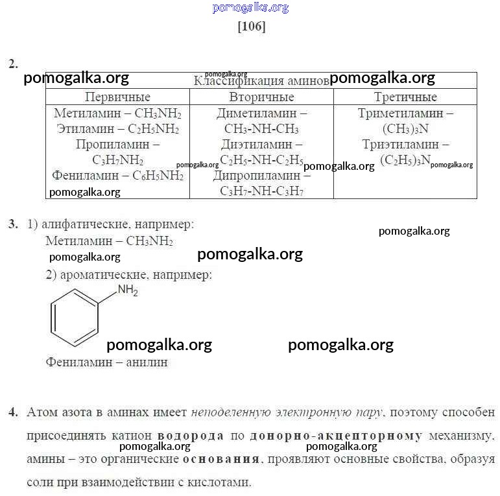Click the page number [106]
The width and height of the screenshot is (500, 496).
252,26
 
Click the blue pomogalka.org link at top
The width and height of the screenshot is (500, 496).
250,7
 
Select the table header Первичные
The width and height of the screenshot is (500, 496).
117,97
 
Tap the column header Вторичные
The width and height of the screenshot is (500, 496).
261,97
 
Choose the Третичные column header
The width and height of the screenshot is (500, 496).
405,97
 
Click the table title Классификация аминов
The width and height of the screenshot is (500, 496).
261,80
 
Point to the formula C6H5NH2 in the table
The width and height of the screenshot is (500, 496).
158,176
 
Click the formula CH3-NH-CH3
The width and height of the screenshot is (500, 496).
261,129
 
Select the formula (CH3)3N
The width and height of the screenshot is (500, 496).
405,129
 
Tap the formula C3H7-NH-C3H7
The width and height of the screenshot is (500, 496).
261,191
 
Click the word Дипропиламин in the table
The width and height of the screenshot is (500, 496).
257,176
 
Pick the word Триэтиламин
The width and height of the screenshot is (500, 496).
401,145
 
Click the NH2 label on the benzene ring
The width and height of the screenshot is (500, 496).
128,290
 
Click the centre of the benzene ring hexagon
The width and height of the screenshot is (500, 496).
75,318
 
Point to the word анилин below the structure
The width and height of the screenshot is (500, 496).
147,362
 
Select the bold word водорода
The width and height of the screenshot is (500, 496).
191,436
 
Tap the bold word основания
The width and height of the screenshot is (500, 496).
221,459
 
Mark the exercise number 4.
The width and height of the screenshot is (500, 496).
13,412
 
